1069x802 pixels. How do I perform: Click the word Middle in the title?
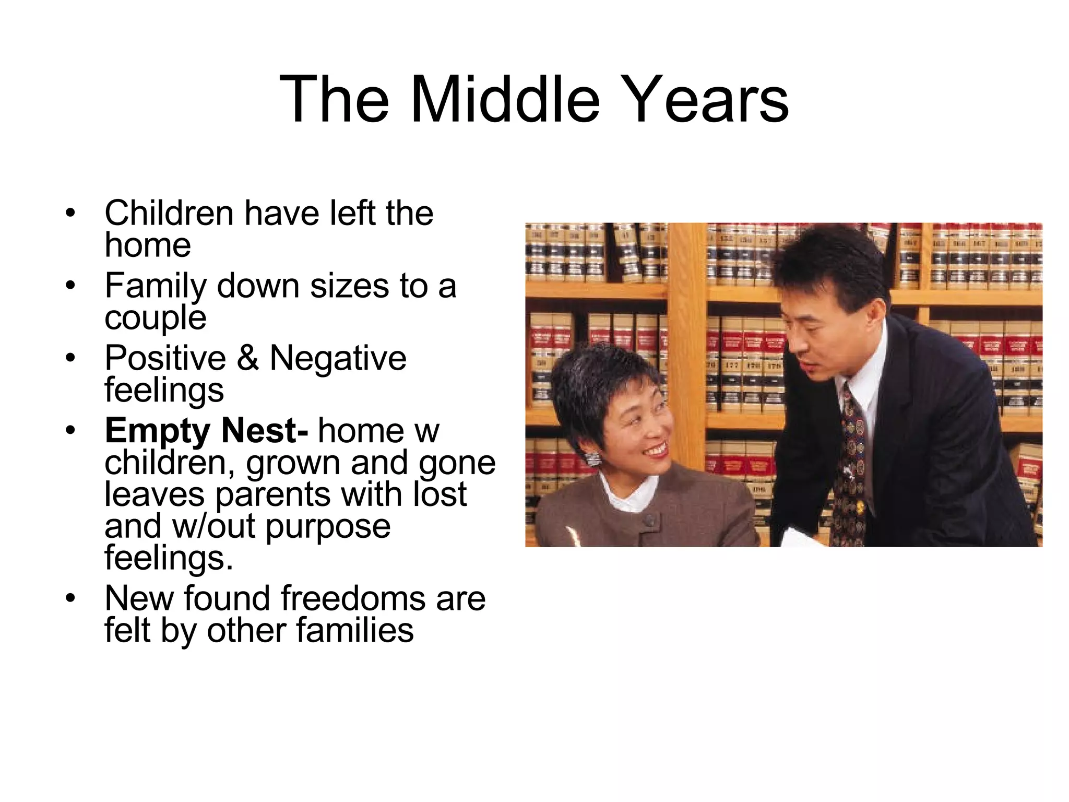505,99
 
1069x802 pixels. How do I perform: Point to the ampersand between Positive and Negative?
247,358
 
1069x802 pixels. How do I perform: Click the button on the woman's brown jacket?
649,520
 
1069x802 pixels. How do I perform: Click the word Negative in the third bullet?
338,358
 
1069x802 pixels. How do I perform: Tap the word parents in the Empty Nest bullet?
272,494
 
